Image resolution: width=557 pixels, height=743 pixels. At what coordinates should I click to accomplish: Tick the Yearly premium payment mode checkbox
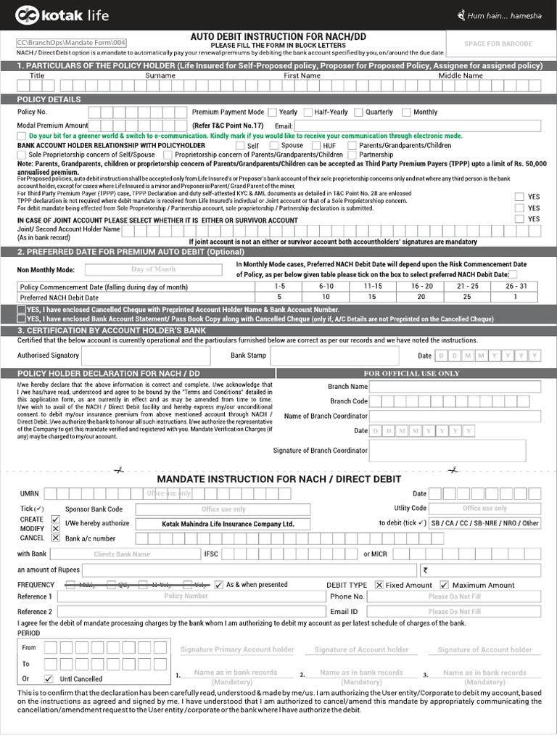272,112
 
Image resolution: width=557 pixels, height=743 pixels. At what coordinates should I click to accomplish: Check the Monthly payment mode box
406,112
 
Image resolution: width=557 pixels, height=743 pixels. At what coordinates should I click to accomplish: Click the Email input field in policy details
418,126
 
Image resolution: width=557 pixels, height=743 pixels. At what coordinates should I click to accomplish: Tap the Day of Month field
153,269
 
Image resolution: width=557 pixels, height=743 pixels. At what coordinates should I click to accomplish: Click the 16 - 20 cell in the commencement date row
421,287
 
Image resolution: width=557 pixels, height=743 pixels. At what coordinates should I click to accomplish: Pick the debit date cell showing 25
467,297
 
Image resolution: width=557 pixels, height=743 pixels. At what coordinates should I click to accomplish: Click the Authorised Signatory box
146,356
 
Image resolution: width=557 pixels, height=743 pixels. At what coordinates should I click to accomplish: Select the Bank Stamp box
334,356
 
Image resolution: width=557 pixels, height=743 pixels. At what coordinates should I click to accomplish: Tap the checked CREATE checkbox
56,520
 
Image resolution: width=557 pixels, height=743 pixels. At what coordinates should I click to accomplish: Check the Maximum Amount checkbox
445,585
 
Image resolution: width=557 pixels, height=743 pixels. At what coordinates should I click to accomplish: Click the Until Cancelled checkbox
49,679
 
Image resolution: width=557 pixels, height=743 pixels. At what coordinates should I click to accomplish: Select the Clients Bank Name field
122,554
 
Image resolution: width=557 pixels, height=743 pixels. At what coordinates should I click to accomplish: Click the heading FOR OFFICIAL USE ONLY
411,373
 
